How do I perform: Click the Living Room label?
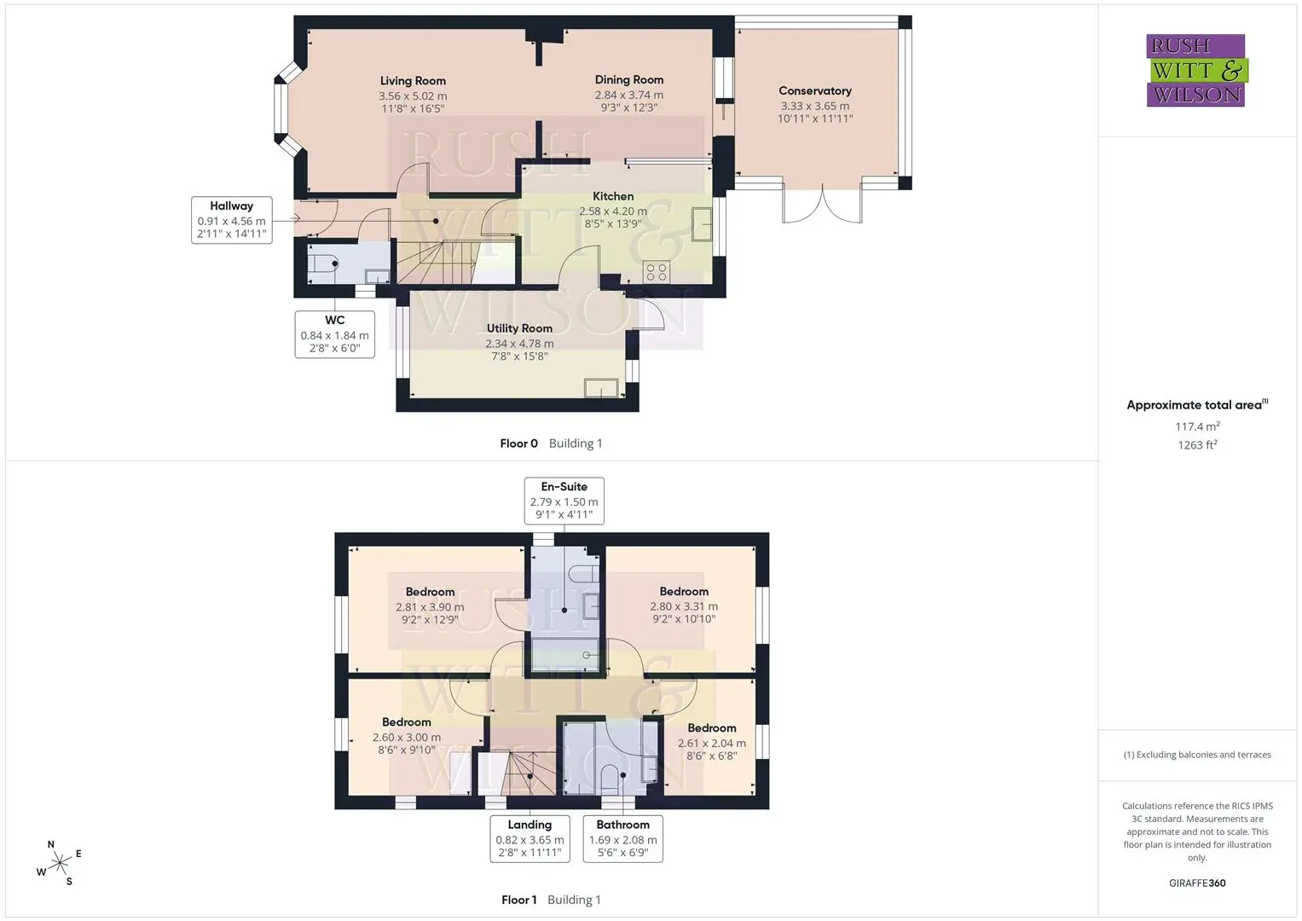[x=413, y=81]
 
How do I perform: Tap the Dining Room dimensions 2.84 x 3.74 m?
[x=629, y=95]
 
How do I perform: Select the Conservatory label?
[x=815, y=90]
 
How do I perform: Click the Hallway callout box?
[x=232, y=220]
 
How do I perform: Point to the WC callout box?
[x=335, y=334]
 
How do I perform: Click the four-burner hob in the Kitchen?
[x=657, y=272]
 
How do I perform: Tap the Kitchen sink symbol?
[x=702, y=223]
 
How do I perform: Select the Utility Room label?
[x=519, y=328]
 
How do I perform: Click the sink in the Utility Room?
[x=601, y=388]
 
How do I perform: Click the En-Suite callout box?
[x=564, y=501]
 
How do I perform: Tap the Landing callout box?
[x=530, y=838]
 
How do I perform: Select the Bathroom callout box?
[x=623, y=838]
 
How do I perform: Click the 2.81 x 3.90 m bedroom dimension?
[x=430, y=607]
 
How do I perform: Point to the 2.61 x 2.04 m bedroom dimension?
[x=712, y=743]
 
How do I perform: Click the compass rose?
[x=60, y=863]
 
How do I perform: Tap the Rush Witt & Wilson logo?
[x=1197, y=70]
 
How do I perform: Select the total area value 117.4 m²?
[x=1197, y=426]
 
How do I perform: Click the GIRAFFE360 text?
[x=1197, y=883]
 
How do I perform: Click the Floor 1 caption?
[x=519, y=900]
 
